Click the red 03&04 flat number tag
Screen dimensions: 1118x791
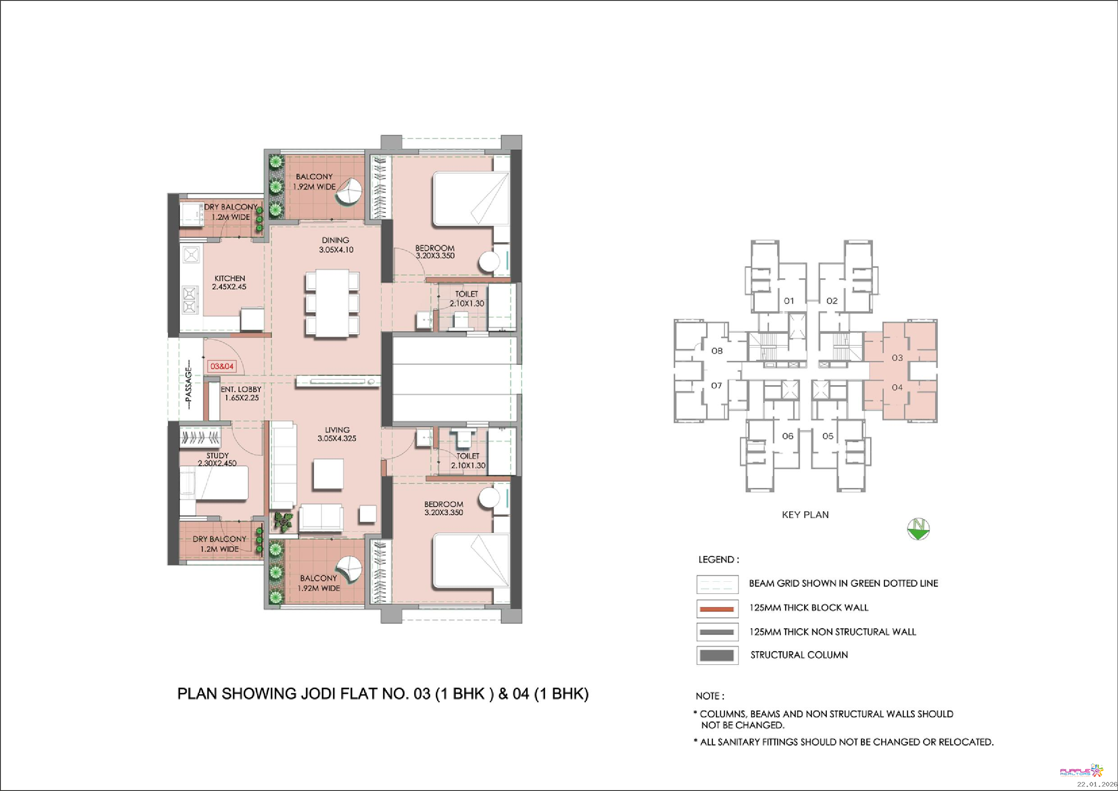click(222, 366)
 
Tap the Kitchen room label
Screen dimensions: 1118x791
click(229, 282)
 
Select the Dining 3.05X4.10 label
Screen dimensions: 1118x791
click(336, 245)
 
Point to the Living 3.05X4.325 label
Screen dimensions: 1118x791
click(337, 434)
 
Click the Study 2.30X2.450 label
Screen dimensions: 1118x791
click(217, 459)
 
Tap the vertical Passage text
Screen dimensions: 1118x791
click(188, 387)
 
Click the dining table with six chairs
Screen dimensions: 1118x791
click(333, 303)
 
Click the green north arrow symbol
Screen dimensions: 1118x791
click(918, 529)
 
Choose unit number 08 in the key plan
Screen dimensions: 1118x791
click(717, 351)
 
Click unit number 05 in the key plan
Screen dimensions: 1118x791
click(828, 436)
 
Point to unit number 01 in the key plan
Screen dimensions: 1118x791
click(789, 301)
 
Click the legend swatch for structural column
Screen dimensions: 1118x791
click(717, 655)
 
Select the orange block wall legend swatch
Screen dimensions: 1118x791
click(717, 609)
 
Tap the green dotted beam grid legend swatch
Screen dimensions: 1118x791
click(717, 584)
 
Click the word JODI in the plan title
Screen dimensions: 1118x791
click(316, 694)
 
